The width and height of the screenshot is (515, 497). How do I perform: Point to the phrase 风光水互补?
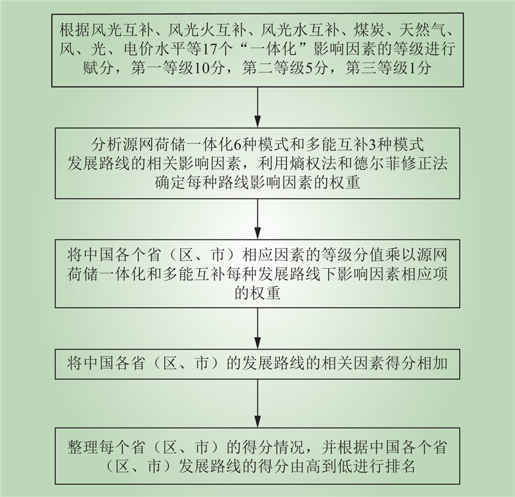pos(299,31)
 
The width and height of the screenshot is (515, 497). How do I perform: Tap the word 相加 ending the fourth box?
pos(433,364)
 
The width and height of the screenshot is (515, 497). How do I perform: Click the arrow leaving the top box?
pos(257,107)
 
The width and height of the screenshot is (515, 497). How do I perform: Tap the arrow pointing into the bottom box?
pos(257,404)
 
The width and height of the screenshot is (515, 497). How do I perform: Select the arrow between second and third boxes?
pos(257,219)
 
